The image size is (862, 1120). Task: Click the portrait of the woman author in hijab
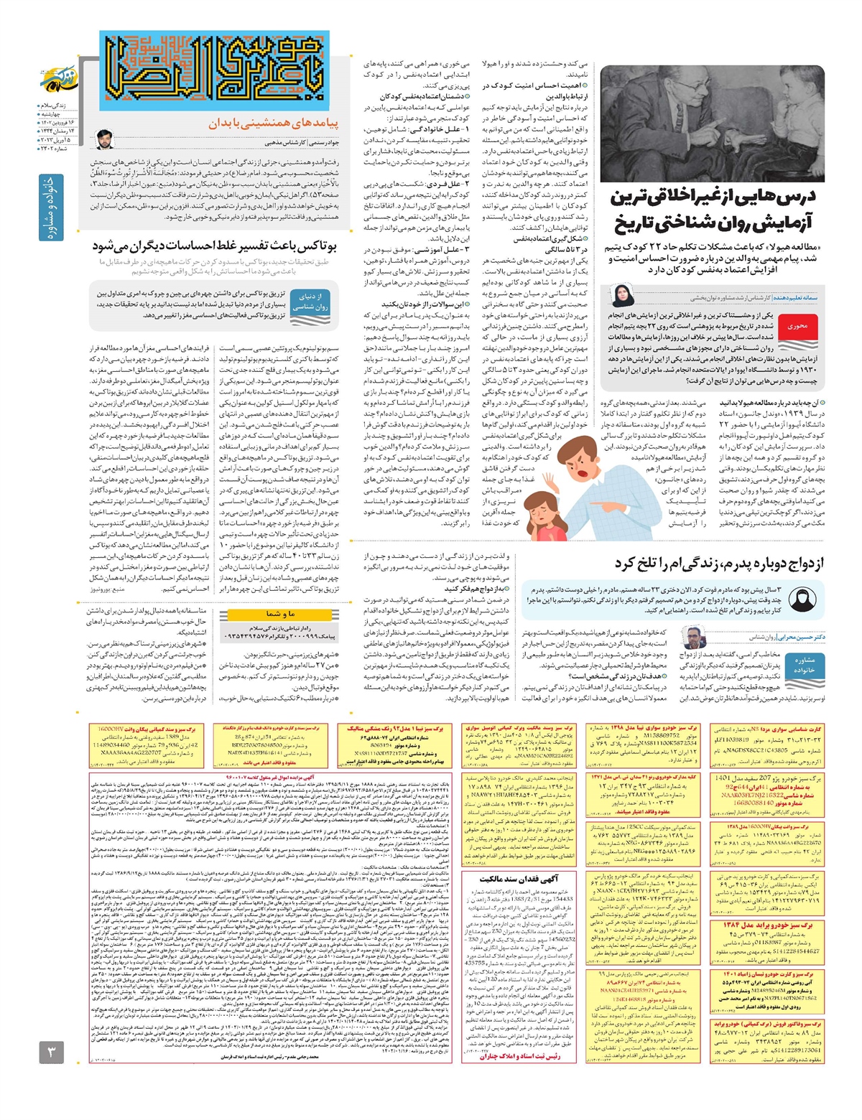621,295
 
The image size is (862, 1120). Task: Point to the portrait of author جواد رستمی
104,138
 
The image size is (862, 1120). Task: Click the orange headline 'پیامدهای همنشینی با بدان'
273,123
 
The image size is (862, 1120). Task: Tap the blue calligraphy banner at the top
214,70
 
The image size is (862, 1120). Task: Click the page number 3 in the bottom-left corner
52,1053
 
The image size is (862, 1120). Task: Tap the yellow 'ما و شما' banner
279,614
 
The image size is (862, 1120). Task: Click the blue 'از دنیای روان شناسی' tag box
310,301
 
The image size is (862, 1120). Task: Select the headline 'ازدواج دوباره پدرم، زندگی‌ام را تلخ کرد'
718,563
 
